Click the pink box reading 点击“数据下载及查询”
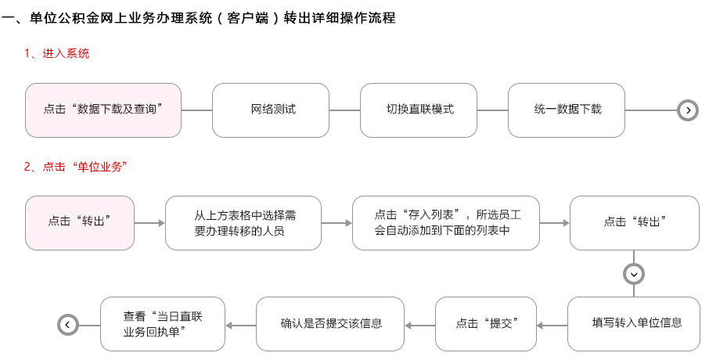pyautogui.click(x=103, y=110)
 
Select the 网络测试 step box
pyautogui.click(x=271, y=110)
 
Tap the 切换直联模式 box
pyautogui.click(x=418, y=110)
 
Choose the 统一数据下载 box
pyautogui.click(x=566, y=110)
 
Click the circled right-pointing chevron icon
pyautogui.click(x=688, y=110)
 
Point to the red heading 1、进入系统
pyautogui.click(x=56, y=53)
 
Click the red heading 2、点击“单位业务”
pyautogui.click(x=75, y=167)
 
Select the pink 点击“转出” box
pyautogui.click(x=80, y=222)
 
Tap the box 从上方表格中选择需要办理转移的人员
pyautogui.click(x=243, y=222)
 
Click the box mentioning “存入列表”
pyautogui.click(x=446, y=222)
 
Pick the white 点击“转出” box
pyautogui.click(x=635, y=222)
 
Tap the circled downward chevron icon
pyautogui.click(x=634, y=274)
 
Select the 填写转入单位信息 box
pyautogui.click(x=634, y=324)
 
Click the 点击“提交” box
pyautogui.click(x=486, y=324)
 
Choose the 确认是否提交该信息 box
pyautogui.click(x=330, y=324)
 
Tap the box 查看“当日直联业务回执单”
pyautogui.click(x=162, y=324)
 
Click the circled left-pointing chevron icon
pyautogui.click(x=68, y=325)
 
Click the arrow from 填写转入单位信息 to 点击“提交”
pyautogui.click(x=552, y=326)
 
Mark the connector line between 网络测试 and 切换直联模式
pyautogui.click(x=344, y=110)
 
